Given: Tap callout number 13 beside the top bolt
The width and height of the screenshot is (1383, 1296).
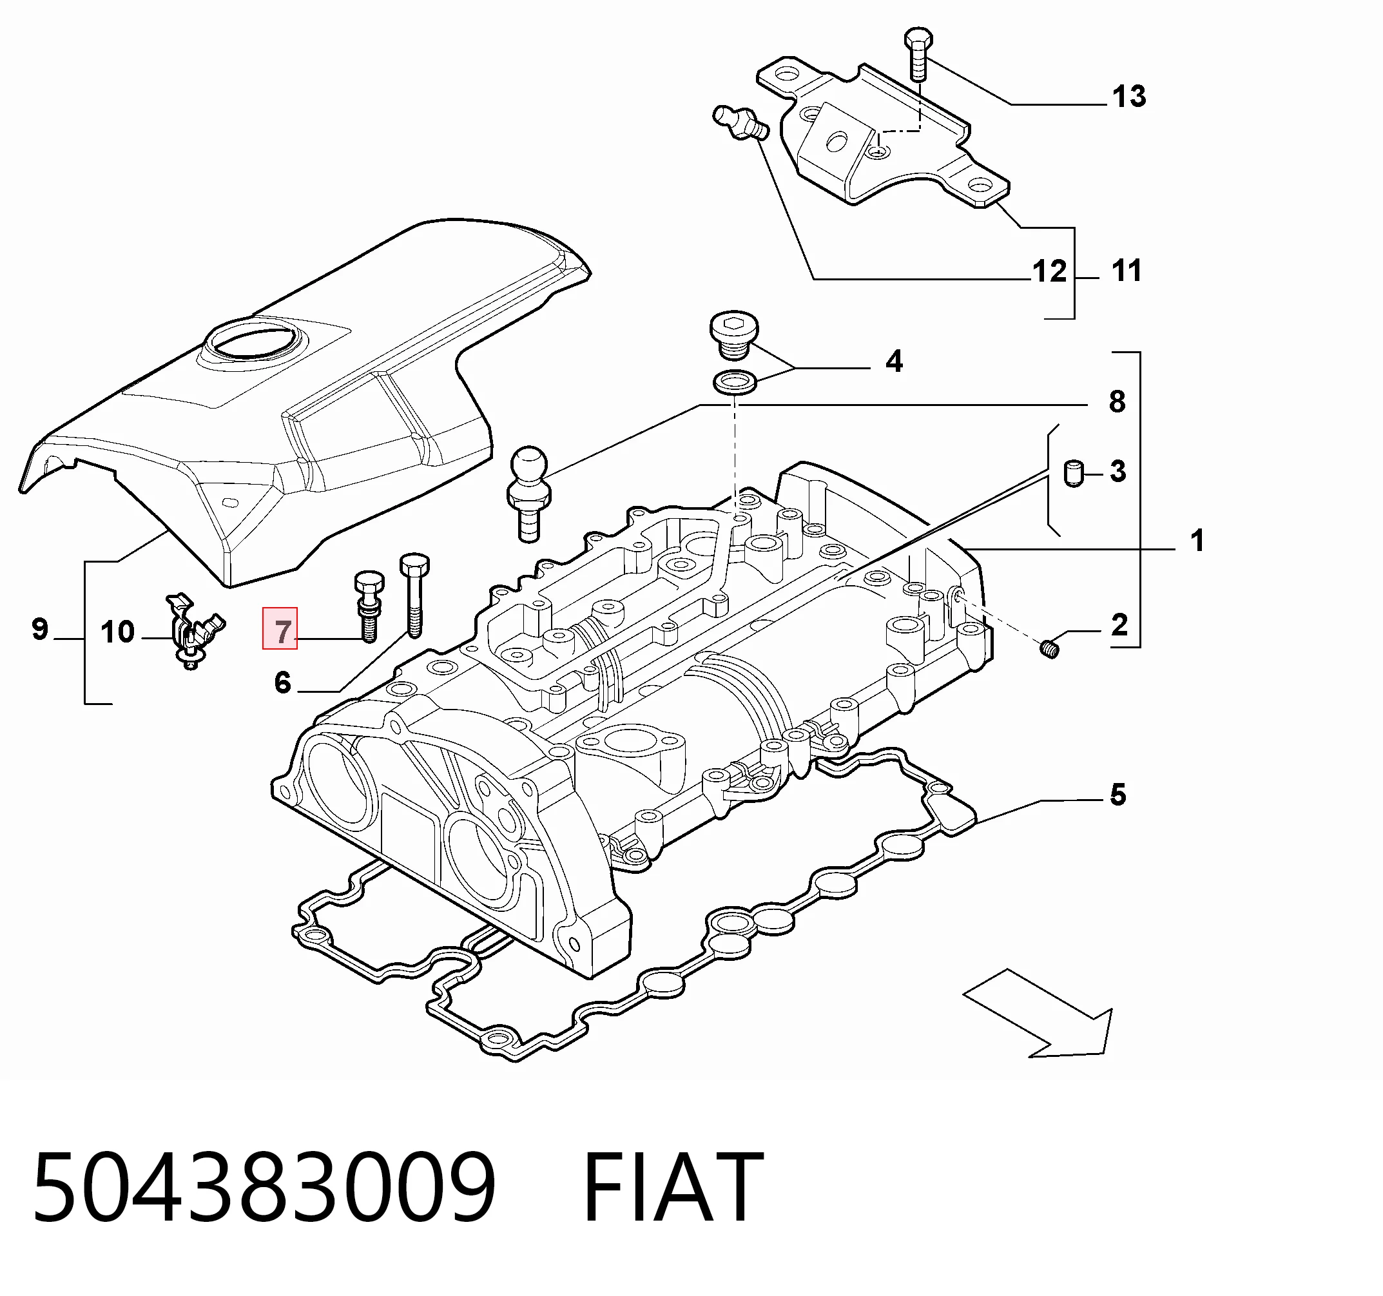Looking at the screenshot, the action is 1129,97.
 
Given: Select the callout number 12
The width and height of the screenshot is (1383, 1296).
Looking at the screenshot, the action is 1050,271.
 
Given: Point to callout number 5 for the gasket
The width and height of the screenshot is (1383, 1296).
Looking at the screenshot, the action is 1118,795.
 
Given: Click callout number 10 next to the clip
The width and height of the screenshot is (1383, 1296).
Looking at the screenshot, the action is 117,632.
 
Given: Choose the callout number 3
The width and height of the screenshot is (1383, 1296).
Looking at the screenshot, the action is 1118,471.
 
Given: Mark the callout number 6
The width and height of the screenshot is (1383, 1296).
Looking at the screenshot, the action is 282,682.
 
